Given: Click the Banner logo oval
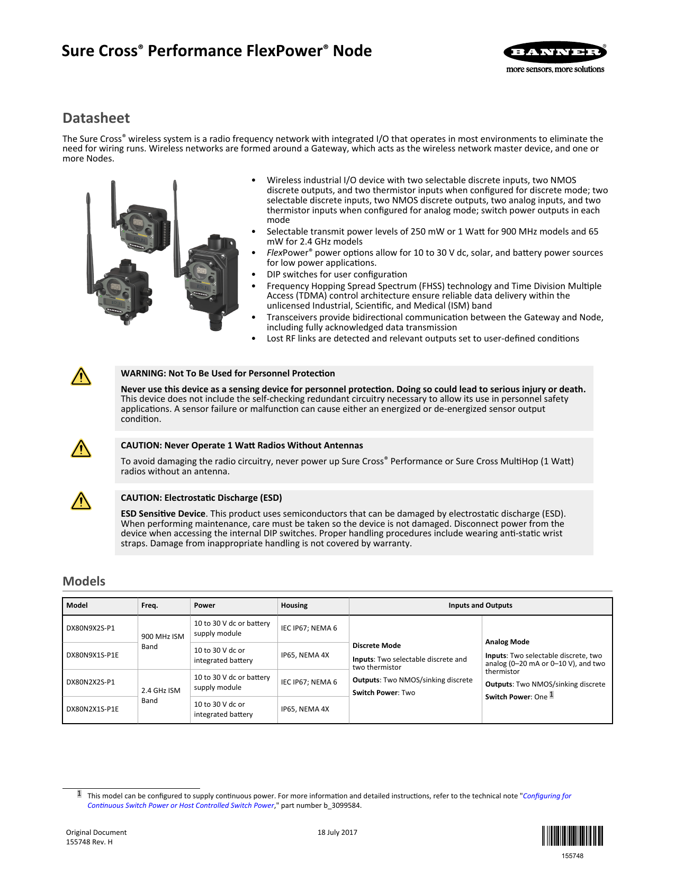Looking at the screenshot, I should tap(555, 52).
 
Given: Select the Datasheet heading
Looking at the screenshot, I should tap(96, 118).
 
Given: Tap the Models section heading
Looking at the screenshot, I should tap(84, 581).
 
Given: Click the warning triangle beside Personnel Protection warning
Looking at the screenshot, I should tap(81, 376).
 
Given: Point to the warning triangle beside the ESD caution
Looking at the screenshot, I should tap(81, 501).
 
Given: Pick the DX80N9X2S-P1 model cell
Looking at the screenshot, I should tap(91, 628).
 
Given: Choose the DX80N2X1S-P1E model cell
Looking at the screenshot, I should tap(92, 709).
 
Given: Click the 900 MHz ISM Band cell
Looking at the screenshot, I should tap(163, 642).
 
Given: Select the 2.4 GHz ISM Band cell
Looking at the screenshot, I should tap(160, 696).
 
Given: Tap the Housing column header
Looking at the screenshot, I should tap(294, 606).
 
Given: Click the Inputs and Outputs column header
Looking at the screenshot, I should tap(480, 606).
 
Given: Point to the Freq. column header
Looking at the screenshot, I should tap(149, 606).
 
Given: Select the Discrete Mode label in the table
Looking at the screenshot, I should tap(376, 646).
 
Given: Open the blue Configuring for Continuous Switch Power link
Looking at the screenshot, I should tap(547, 796).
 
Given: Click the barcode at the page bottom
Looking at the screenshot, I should tap(572, 836).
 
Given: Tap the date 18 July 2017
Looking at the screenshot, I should tap(337, 833).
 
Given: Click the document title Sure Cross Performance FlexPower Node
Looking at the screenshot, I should tap(217, 51).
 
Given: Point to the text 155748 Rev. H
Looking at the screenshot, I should tap(89, 842).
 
